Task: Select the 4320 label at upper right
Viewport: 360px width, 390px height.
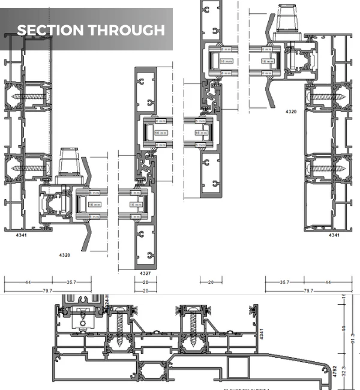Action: (x=291, y=112)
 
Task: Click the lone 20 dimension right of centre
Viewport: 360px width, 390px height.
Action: (x=211, y=281)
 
